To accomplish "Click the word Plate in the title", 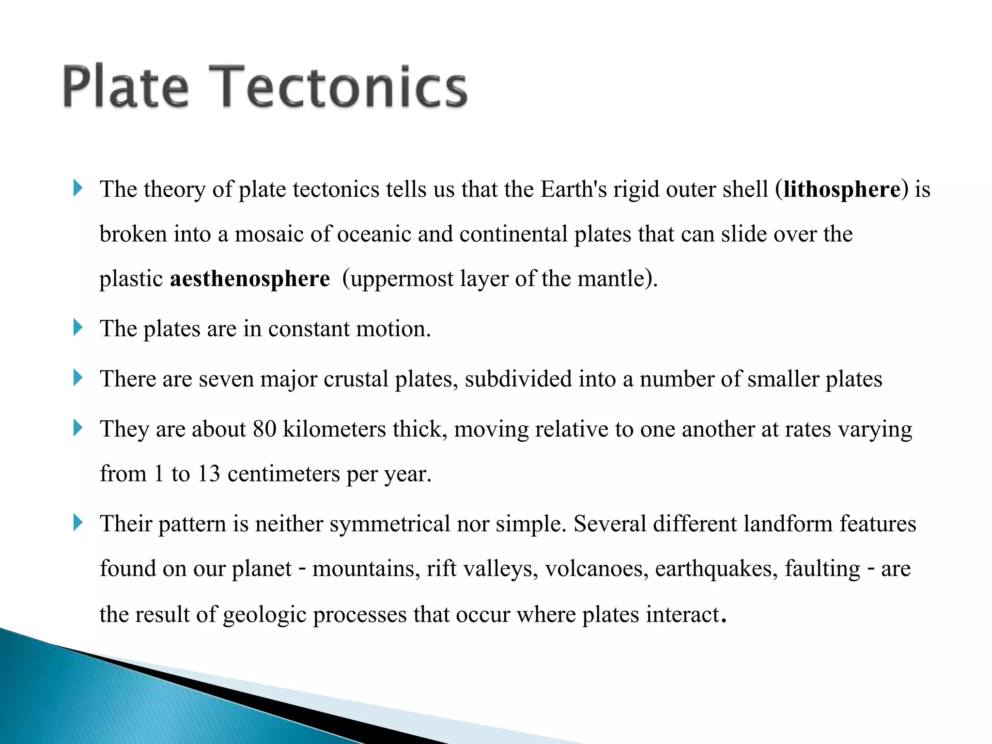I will (125, 87).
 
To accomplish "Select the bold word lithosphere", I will (842, 189).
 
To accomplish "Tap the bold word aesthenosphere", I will (249, 279).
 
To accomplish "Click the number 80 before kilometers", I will (264, 429).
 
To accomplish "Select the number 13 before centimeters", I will (209, 474).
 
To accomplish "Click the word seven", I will (226, 379).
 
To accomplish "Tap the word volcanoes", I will (596, 569).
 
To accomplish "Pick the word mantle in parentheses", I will (612, 279).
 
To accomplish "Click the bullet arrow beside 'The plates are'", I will (78, 328).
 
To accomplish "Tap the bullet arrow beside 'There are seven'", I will (78, 378).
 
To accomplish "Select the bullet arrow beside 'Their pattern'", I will (78, 523).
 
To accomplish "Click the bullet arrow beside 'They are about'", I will (78, 428).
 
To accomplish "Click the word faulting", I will (822, 569).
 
